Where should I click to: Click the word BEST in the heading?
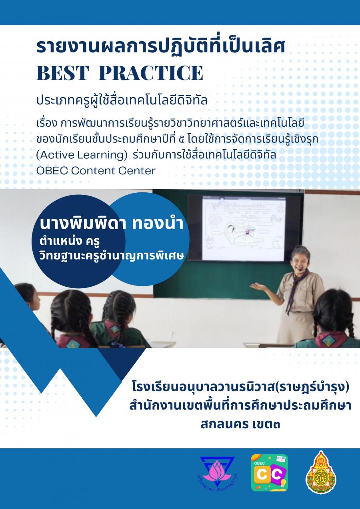tap(62, 73)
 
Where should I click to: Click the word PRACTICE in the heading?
tap(151, 73)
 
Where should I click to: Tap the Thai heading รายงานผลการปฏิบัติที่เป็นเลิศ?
tap(161, 47)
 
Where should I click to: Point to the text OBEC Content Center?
tap(96, 171)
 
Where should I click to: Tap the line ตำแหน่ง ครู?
tap(70, 242)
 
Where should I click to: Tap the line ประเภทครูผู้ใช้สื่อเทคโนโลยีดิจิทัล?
tap(122, 101)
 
